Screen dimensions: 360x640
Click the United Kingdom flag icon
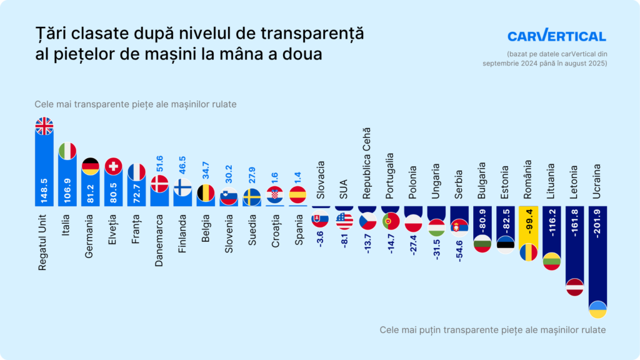(44, 126)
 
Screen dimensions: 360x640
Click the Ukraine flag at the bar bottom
(597, 309)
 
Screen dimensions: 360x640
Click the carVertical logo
(556, 36)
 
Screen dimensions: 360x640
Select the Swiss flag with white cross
(113, 166)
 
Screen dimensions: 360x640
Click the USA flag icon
(344, 221)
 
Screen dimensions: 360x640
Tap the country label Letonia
(574, 182)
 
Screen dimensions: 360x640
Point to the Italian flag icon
(67, 151)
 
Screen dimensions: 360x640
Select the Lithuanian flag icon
(551, 261)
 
